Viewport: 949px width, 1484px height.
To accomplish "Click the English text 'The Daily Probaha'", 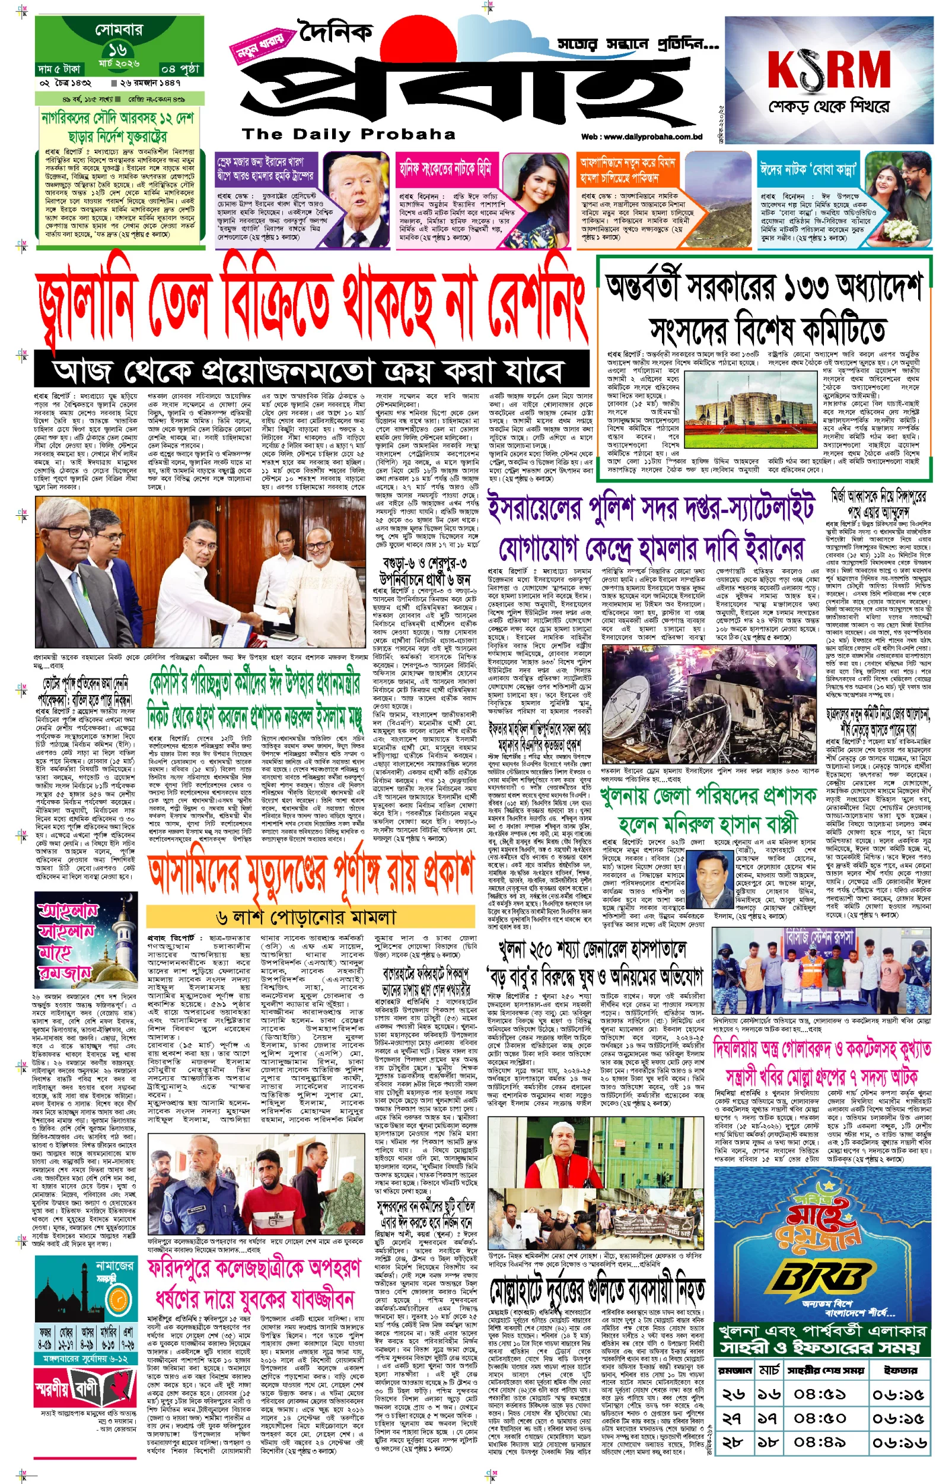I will click(x=349, y=134).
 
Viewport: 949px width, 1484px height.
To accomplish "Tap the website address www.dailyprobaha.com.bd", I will click(x=642, y=137).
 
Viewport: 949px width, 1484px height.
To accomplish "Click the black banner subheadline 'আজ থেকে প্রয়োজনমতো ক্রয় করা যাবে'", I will click(x=308, y=371).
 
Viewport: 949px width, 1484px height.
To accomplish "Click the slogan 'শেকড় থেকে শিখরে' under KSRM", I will click(x=828, y=107).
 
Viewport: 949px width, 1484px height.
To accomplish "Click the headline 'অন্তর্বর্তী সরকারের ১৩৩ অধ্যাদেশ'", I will click(x=764, y=287).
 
